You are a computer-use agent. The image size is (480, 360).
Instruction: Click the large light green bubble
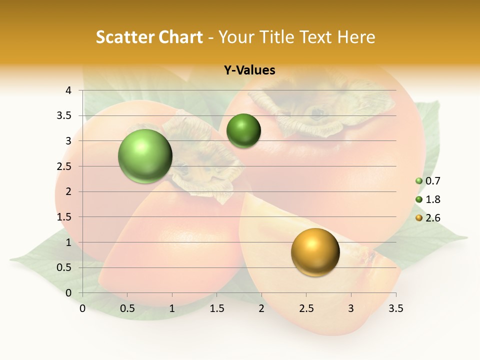145,156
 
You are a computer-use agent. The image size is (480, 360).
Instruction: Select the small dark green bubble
243,130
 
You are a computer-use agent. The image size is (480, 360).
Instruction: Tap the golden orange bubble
315,252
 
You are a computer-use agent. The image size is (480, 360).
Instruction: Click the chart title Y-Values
249,70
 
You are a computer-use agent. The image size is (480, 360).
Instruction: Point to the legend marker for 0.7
419,181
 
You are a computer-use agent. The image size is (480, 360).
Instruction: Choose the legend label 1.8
432,199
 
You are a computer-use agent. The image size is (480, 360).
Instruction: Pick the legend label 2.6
432,218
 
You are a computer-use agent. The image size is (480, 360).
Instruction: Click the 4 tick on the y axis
68,90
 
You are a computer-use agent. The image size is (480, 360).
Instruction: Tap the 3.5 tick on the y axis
64,115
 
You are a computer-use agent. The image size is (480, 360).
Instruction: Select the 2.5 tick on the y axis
64,166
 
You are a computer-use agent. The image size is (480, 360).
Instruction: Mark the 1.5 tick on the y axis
64,217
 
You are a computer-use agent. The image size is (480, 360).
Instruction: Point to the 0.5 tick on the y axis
64,267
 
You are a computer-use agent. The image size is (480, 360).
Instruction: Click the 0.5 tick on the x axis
127,308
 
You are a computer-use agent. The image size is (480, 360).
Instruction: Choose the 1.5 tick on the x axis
216,308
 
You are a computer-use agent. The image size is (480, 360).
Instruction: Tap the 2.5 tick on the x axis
306,308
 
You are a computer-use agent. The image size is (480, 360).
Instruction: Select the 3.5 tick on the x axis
395,308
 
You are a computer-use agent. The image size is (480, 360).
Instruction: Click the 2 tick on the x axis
261,308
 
